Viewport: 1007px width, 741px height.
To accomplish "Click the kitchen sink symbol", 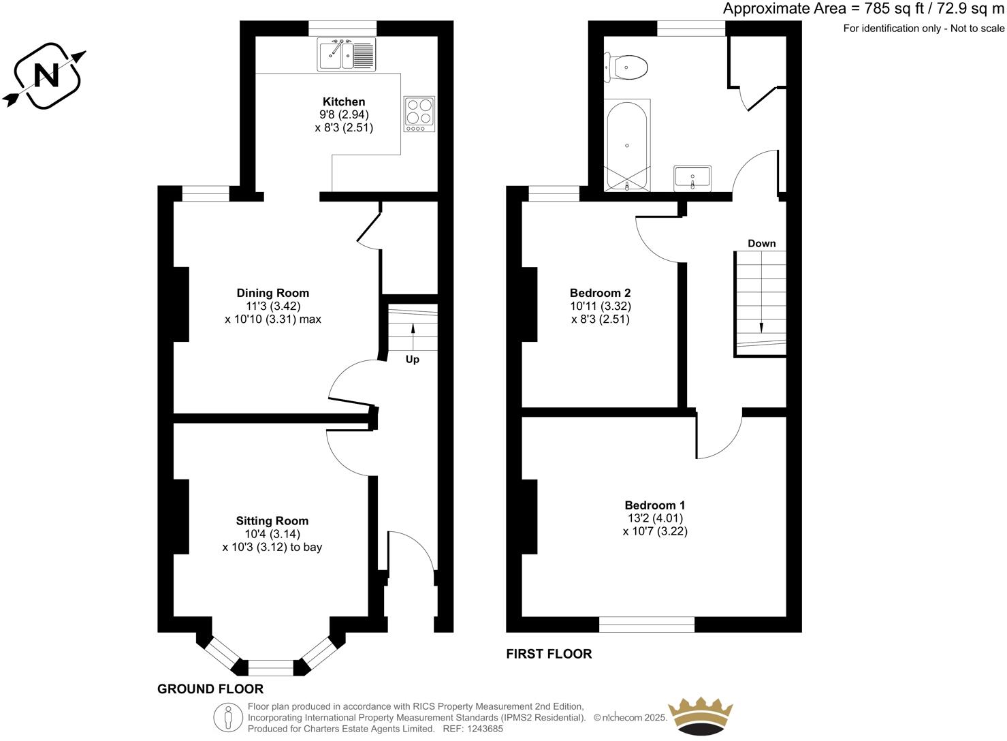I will [347, 54].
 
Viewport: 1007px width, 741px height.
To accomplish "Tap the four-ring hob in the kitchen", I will [419, 114].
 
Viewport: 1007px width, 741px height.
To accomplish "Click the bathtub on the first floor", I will [627, 145].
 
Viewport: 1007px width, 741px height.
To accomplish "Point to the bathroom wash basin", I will [692, 178].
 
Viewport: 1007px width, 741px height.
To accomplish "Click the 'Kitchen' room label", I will [344, 101].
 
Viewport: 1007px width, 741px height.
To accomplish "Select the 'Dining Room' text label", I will [272, 293].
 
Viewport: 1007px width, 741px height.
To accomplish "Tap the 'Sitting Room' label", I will [272, 521].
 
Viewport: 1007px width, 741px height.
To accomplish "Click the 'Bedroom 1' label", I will [655, 505].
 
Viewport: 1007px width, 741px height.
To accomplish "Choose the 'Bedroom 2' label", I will [600, 293].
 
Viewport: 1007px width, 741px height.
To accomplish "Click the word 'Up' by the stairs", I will [413, 360].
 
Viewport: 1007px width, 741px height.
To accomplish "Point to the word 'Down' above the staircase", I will [761, 243].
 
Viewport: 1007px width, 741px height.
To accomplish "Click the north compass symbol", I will [46, 76].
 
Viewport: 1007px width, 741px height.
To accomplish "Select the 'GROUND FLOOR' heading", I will [210, 689].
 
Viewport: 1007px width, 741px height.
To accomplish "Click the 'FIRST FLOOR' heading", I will [549, 654].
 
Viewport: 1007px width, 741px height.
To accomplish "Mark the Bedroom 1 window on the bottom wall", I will [647, 624].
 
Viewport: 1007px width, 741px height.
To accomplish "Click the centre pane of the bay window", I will [270, 667].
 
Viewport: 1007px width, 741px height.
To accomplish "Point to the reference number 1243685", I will [481, 729].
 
